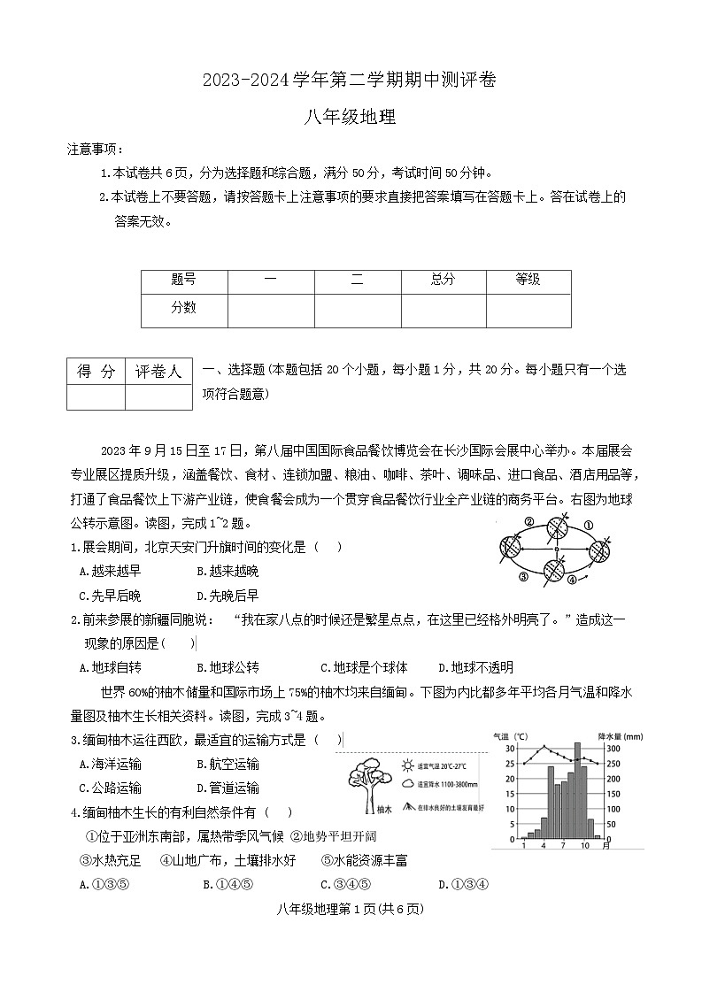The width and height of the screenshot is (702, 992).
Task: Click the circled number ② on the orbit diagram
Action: [528, 522]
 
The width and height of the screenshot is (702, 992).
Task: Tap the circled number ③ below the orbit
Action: [523, 576]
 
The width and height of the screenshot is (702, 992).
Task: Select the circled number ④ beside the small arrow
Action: [572, 580]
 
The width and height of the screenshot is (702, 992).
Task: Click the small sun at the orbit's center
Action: [556, 550]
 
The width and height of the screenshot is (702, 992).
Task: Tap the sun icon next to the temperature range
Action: [407, 763]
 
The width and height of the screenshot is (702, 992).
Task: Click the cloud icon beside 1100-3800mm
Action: [407, 783]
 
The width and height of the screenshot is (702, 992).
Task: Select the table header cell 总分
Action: [443, 280]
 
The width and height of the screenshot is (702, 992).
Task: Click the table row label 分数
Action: [184, 308]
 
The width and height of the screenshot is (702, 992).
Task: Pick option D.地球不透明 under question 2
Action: [475, 667]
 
